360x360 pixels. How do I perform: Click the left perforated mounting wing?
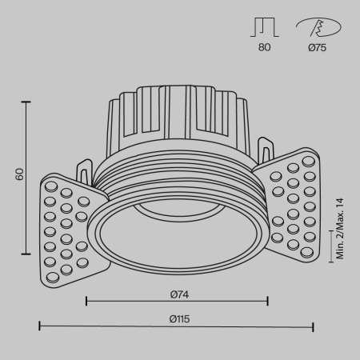(68, 228)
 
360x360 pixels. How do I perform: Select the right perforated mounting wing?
(293, 206)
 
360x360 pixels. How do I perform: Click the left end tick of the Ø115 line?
(40, 326)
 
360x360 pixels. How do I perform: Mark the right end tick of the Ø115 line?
(313, 326)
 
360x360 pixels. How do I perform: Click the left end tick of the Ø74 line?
(86, 301)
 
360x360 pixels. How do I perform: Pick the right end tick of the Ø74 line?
(267, 301)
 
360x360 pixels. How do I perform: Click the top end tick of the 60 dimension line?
(29, 102)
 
